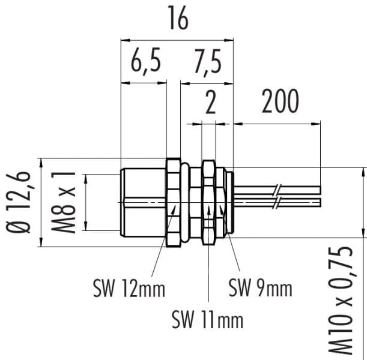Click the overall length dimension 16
(178, 18)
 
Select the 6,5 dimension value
(146, 61)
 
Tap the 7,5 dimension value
(208, 62)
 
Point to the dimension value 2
(210, 103)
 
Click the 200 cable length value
(280, 101)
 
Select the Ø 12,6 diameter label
(18, 202)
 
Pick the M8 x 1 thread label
(63, 202)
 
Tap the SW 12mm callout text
(129, 289)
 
